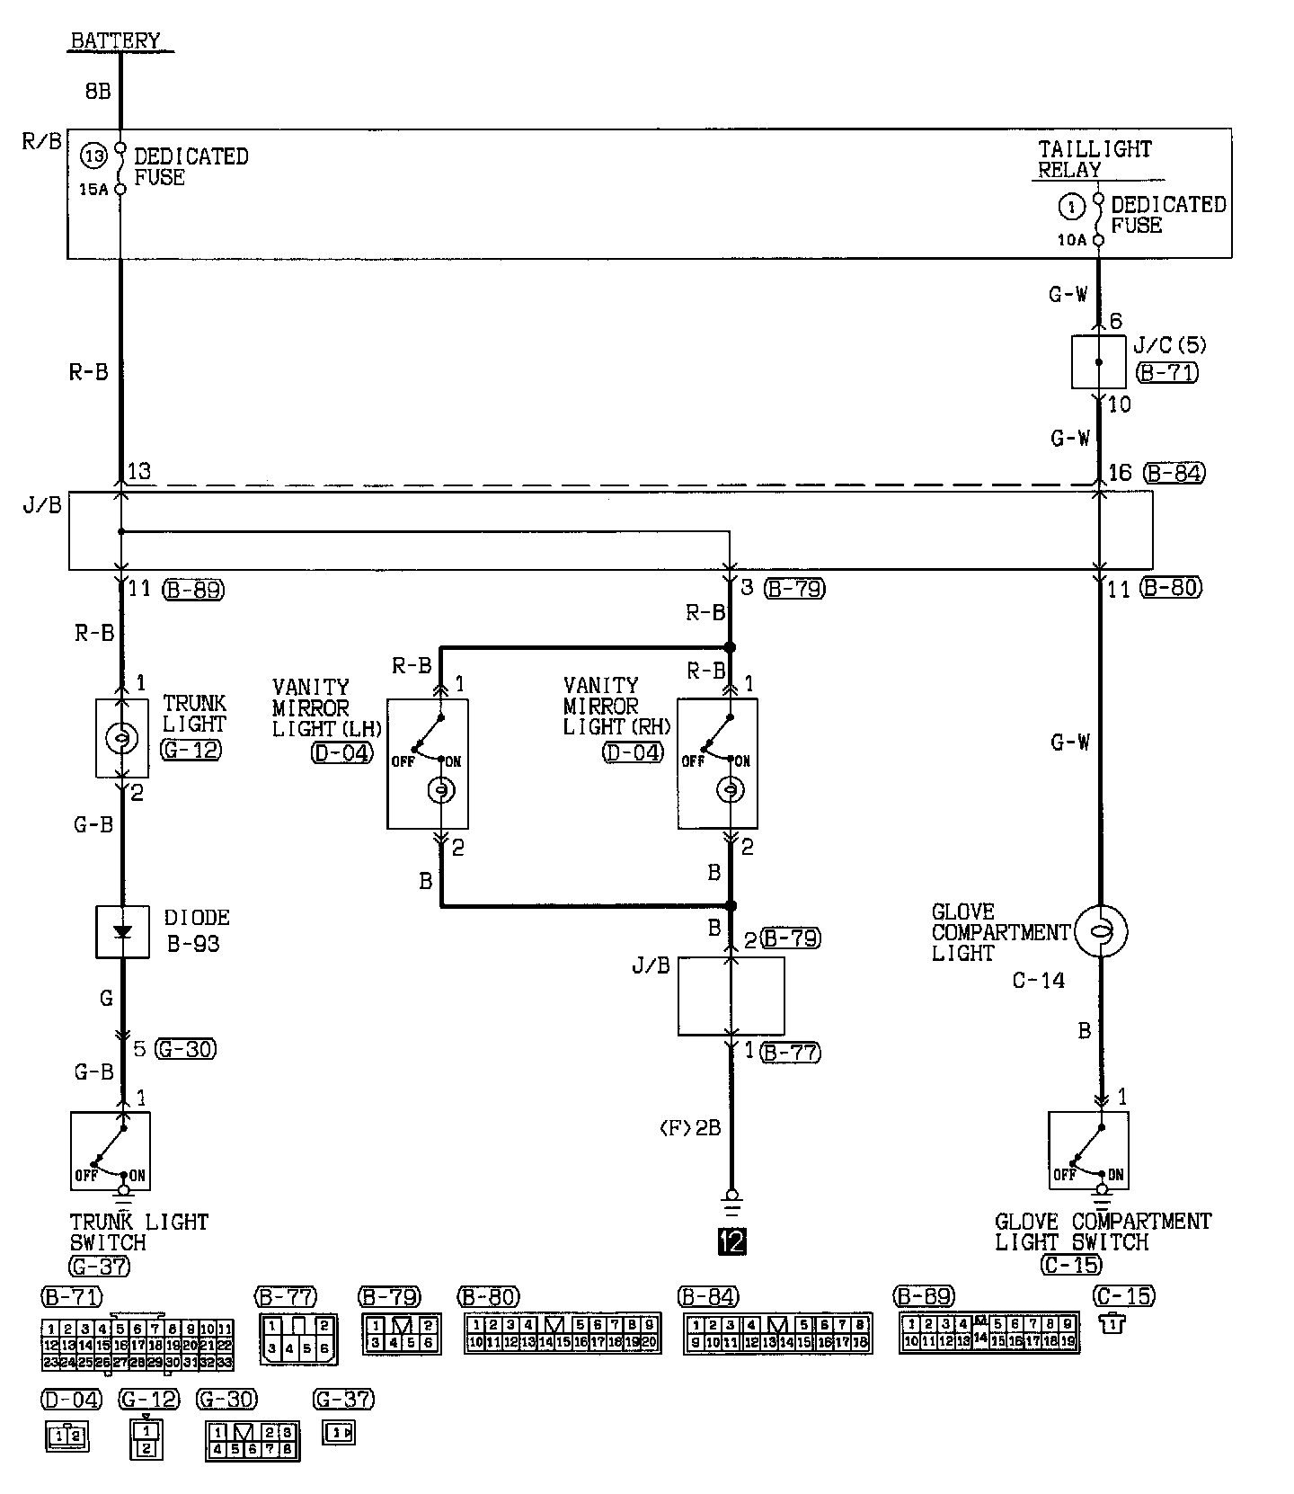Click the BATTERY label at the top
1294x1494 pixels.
pos(115,40)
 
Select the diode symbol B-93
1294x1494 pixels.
pos(123,932)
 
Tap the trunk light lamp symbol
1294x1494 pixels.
pos(121,738)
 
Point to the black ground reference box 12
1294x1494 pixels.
pos(731,1241)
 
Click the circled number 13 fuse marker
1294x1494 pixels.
pos(94,156)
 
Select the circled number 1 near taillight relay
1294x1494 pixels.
pos(1070,208)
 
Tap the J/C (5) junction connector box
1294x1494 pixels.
pos(1098,362)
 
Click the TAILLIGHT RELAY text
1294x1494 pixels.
pos(1094,159)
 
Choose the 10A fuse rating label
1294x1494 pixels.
pos(1072,240)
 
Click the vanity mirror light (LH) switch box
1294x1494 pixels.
pos(428,763)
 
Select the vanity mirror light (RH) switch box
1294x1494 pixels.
pos(717,763)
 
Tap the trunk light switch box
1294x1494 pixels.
pos(111,1151)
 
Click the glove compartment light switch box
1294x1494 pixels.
pos(1088,1151)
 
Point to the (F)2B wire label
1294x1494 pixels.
pos(690,1127)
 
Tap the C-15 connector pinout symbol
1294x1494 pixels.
pos(1112,1322)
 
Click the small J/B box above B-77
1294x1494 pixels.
pos(731,996)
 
